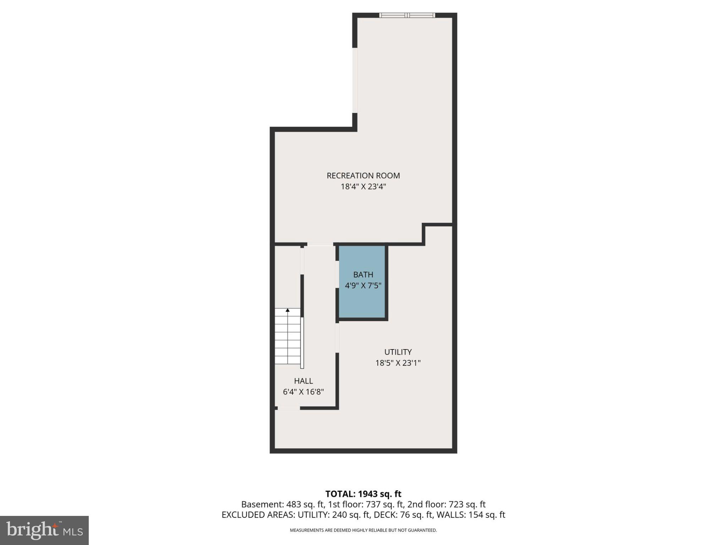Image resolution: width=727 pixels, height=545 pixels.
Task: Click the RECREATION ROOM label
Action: [x=363, y=176]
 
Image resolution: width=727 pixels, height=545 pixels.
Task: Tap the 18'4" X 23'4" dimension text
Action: [x=363, y=187]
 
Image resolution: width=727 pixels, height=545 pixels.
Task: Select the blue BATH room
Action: [x=362, y=298]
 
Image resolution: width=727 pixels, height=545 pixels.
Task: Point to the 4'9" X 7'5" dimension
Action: [x=363, y=286]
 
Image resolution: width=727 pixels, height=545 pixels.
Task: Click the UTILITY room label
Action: [x=398, y=352]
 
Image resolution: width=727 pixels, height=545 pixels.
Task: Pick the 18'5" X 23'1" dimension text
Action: [x=398, y=363]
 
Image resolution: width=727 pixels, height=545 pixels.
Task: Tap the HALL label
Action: [x=304, y=381]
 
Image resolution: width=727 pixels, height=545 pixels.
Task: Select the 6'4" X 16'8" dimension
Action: [x=304, y=392]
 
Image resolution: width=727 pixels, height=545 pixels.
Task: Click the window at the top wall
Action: [x=407, y=15]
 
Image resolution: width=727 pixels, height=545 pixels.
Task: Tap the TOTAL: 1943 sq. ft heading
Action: [x=363, y=494]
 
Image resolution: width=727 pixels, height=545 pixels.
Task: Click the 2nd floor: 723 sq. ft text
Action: [x=446, y=505]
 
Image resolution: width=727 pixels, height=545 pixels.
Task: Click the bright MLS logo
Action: [x=44, y=530]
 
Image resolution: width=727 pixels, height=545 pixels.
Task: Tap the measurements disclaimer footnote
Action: [x=363, y=530]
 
